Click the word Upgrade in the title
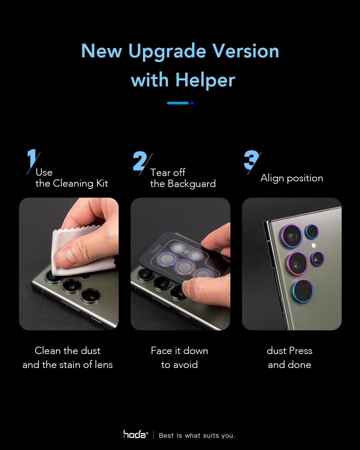pyautogui.click(x=167, y=52)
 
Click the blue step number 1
pyautogui.click(x=32, y=159)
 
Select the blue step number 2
pyautogui.click(x=140, y=161)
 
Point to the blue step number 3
pyautogui.click(x=252, y=160)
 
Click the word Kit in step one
pyautogui.click(x=102, y=183)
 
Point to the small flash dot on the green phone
pyautogui.click(x=313, y=245)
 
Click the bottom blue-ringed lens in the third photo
pyautogui.click(x=302, y=291)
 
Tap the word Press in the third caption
pyautogui.click(x=301, y=351)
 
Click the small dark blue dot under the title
pyautogui.click(x=192, y=103)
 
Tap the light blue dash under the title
pyautogui.click(x=178, y=103)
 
